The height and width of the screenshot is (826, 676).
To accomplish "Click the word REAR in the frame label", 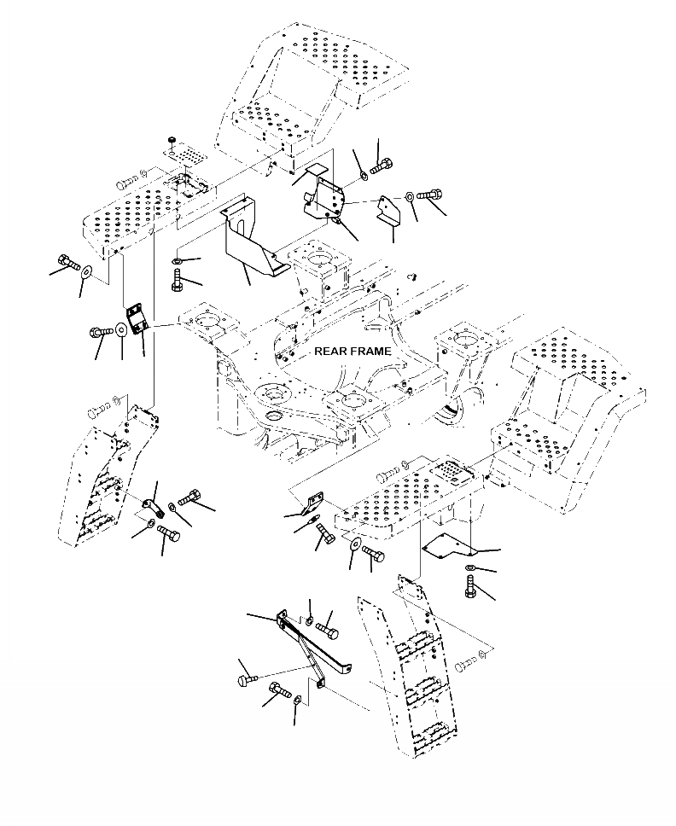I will coord(329,351).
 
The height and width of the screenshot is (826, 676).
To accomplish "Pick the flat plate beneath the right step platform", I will coord(450,546).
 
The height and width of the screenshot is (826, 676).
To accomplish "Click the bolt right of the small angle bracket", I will coord(428,195).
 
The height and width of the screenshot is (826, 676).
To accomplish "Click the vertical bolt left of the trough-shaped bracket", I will coord(177,279).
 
